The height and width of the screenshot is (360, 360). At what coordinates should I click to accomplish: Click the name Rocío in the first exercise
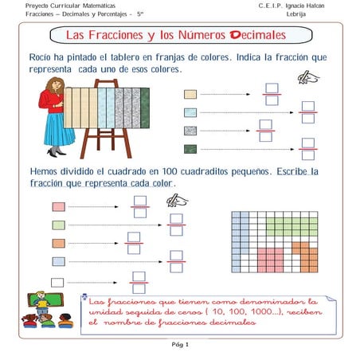tap(40, 59)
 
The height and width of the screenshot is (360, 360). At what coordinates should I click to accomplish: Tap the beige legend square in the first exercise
tap(190, 94)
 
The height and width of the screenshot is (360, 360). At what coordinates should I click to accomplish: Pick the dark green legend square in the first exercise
tap(190, 149)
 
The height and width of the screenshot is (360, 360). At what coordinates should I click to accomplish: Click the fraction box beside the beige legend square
tap(272, 94)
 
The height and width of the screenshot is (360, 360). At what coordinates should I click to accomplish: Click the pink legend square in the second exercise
tap(58, 206)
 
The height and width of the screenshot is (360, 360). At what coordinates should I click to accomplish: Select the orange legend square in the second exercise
tap(58, 243)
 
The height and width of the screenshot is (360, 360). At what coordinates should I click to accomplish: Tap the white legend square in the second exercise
tap(58, 280)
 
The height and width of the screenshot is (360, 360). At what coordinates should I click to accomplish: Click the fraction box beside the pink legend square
tap(141, 206)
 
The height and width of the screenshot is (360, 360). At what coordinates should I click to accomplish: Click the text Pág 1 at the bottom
tap(180, 345)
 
